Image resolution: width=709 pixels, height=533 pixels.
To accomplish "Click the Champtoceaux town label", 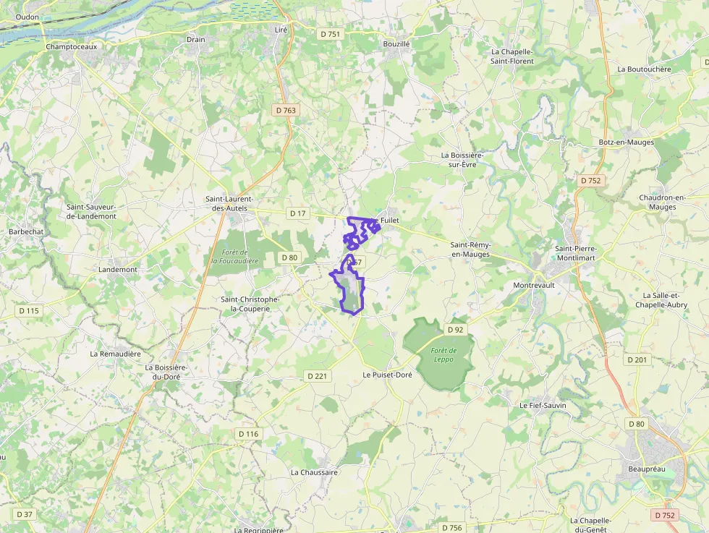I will point(71,46).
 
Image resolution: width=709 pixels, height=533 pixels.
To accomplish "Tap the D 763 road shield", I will point(286,110).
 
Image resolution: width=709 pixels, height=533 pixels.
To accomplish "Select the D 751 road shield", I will point(329,34).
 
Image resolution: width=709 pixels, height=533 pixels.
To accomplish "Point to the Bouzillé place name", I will point(396,44).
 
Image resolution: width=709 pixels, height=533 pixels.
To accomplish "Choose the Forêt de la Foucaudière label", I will point(235,256).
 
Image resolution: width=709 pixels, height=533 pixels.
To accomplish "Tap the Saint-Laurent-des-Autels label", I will point(229,203).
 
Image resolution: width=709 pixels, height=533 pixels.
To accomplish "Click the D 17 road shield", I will point(298,213).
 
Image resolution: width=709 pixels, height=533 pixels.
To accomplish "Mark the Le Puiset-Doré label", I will point(387,375).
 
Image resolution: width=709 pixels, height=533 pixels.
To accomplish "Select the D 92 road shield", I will point(455,330).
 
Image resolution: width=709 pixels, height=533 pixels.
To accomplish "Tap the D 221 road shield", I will point(318,376).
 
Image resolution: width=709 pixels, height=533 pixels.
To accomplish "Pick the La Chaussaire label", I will point(314,472).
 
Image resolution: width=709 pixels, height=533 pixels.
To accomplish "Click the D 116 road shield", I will point(247,434).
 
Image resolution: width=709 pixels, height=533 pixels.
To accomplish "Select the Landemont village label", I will point(118,270).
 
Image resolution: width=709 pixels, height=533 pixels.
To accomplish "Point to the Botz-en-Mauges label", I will point(627,142).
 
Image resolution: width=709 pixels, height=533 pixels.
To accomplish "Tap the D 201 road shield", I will point(637,359).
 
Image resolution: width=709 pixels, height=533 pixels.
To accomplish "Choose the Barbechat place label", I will point(26,231).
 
